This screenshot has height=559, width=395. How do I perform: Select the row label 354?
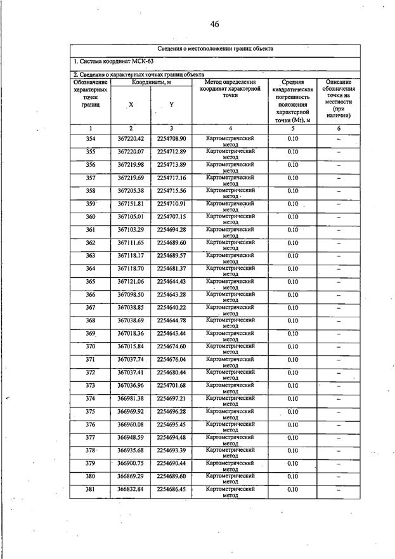tap(91, 139)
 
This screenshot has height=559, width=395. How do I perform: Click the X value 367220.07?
tap(131, 152)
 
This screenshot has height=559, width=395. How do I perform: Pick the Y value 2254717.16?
tap(171, 178)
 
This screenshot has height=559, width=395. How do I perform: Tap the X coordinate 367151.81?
tap(131, 204)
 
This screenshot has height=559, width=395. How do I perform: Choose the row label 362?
tap(91, 242)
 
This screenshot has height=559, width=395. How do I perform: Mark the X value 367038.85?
tap(131, 308)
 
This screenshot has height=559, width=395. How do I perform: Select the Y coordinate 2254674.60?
tap(171, 346)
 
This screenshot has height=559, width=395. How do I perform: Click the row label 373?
tap(91, 385)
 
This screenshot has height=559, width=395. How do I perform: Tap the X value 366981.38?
tap(131, 398)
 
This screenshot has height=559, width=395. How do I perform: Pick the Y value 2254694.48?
tap(171, 437)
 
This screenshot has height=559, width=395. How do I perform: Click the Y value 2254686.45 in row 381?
tap(171, 489)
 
